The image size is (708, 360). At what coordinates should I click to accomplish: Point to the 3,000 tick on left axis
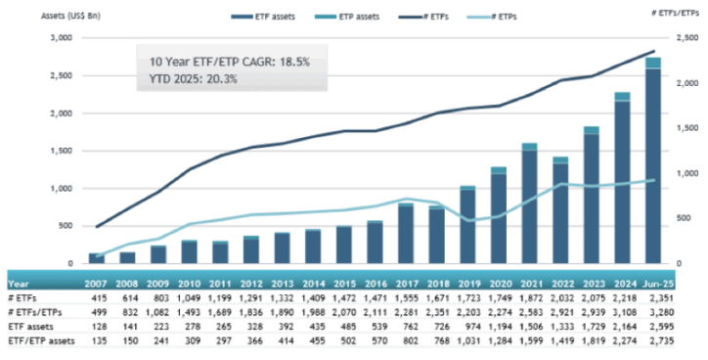point(60,37)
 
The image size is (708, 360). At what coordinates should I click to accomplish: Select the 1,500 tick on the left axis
point(60,151)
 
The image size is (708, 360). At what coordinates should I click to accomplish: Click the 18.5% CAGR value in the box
point(288,61)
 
